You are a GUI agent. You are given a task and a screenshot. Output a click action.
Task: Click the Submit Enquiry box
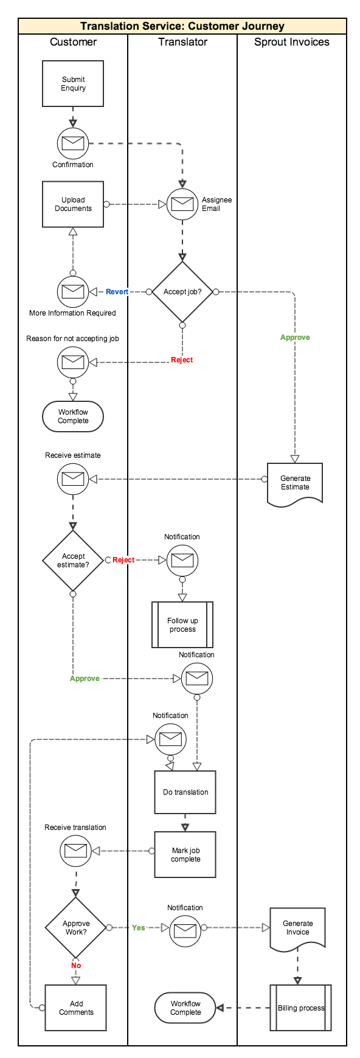pyautogui.click(x=73, y=84)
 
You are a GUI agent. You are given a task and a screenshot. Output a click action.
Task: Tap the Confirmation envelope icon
pyautogui.click(x=73, y=143)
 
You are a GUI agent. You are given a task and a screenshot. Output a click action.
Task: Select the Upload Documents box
pyautogui.click(x=73, y=204)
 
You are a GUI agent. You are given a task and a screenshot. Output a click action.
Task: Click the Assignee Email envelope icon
pyautogui.click(x=182, y=204)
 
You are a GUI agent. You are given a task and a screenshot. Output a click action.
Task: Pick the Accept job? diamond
pyautogui.click(x=182, y=292)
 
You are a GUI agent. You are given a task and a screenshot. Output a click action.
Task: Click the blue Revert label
pyautogui.click(x=117, y=292)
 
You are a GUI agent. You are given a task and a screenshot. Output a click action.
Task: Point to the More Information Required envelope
pyautogui.click(x=73, y=292)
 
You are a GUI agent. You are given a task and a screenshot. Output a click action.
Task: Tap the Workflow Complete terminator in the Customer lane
pyautogui.click(x=73, y=417)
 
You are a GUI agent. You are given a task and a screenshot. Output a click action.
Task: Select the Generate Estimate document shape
pyautogui.click(x=295, y=484)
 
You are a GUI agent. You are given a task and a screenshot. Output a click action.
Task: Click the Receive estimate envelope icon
pyautogui.click(x=73, y=479)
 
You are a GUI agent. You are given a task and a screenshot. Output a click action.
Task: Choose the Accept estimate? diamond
pyautogui.click(x=73, y=560)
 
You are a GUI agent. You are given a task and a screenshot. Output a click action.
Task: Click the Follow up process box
pyautogui.click(x=182, y=625)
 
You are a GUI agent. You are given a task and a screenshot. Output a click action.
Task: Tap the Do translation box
pyautogui.click(x=185, y=792)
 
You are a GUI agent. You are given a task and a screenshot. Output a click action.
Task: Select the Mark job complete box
pyautogui.click(x=185, y=855)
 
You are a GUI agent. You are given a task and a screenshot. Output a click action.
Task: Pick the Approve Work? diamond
pyautogui.click(x=76, y=928)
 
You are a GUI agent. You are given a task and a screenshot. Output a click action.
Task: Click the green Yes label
pyautogui.click(x=139, y=928)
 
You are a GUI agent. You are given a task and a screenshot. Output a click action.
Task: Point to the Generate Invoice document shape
pyautogui.click(x=298, y=929)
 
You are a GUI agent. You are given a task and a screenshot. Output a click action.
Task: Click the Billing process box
pyautogui.click(x=301, y=1008)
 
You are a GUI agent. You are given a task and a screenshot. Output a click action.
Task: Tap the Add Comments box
pyautogui.click(x=76, y=1008)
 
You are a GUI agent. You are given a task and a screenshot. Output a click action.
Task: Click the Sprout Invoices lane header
pyautogui.click(x=292, y=42)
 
